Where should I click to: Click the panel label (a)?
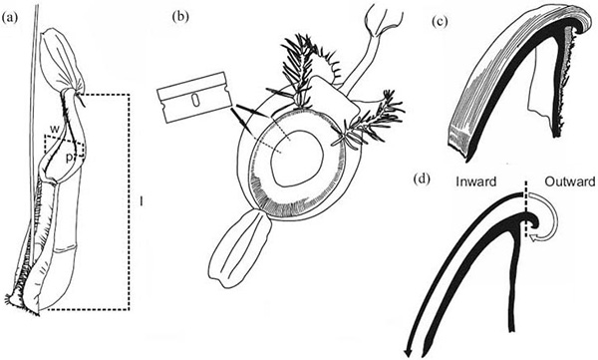pyautogui.click(x=10, y=19)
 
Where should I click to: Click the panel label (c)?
pyautogui.click(x=440, y=22)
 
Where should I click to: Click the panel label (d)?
pyautogui.click(x=423, y=180)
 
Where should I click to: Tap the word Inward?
pyautogui.click(x=476, y=181)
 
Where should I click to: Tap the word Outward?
pyautogui.click(x=569, y=181)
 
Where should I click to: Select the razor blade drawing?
pyautogui.click(x=195, y=98)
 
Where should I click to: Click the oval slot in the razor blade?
pyautogui.click(x=195, y=101)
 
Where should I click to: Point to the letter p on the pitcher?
pyautogui.click(x=68, y=158)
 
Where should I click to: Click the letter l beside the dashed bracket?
pyautogui.click(x=142, y=200)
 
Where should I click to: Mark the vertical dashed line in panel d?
pyautogui.click(x=526, y=209)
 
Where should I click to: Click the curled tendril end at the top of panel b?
pyautogui.click(x=383, y=20)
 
